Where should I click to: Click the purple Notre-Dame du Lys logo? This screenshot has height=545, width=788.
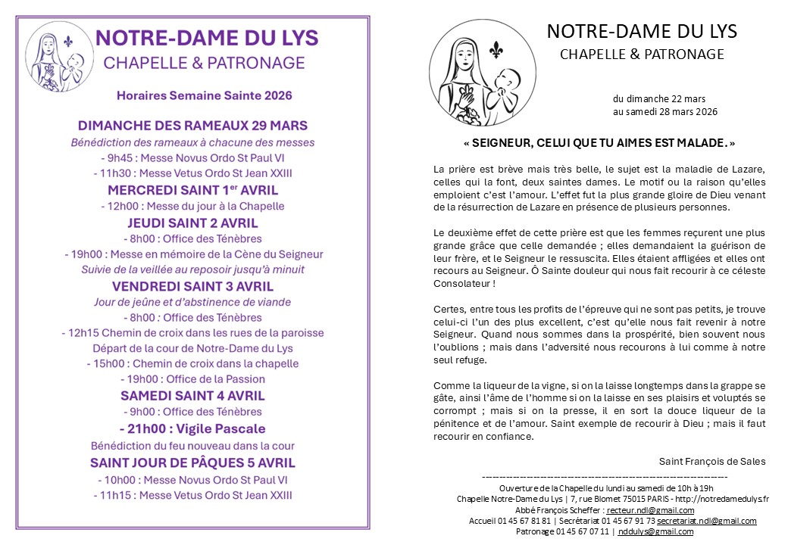[59, 57]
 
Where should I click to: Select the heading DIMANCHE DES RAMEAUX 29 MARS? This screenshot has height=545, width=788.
[192, 125]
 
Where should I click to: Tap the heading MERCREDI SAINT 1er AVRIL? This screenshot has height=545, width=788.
[192, 189]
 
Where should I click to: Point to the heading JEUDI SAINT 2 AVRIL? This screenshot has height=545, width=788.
[192, 223]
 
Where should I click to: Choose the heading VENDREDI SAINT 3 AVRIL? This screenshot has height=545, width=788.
[192, 287]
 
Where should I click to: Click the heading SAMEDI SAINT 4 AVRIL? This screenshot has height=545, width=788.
[192, 396]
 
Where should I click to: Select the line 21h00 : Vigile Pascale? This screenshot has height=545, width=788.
[192, 429]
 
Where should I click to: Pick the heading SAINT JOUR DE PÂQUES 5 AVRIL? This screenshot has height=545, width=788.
[192, 462]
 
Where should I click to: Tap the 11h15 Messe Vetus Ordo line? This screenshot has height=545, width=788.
[192, 496]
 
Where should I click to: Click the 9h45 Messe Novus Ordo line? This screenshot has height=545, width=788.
[192, 158]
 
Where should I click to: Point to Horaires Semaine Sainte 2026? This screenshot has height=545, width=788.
[204, 96]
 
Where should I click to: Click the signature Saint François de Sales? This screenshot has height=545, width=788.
[712, 461]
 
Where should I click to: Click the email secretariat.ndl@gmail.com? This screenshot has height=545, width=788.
[706, 521]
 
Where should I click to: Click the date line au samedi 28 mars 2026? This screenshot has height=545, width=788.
[665, 112]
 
